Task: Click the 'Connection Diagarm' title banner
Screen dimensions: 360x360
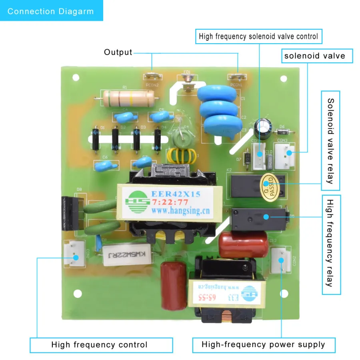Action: (51, 11)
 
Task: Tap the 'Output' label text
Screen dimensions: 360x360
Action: (118, 52)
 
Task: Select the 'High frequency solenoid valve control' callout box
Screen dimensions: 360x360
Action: (258, 36)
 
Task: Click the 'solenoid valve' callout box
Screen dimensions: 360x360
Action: (315, 56)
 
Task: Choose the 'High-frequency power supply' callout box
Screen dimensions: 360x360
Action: (264, 345)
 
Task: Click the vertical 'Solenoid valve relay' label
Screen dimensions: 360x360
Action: (330, 140)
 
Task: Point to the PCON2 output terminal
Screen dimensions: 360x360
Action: (152, 76)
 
